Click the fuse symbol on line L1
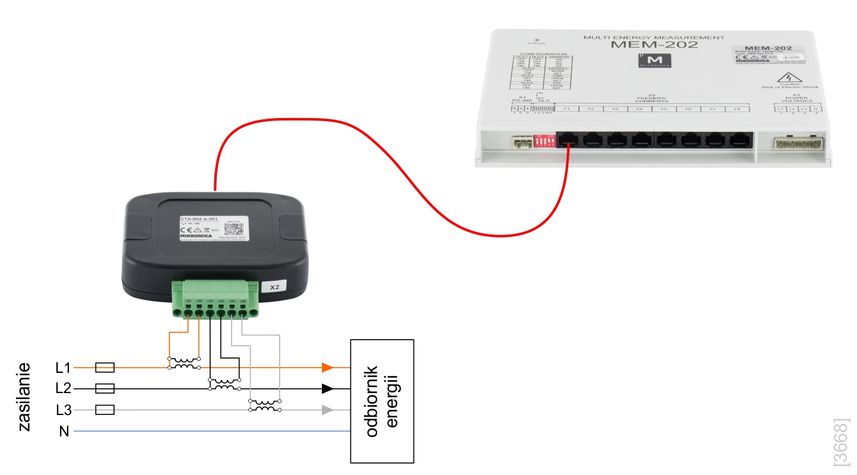tap(105, 368)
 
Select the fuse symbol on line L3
tap(105, 410)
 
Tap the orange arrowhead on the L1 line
tap(327, 368)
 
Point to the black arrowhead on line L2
tap(327, 389)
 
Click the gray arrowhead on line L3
tap(327, 410)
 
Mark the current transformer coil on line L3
tap(264, 406)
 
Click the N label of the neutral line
tap(64, 432)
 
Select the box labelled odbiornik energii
tap(381, 401)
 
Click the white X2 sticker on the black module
tap(274, 287)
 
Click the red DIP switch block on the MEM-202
tap(545, 140)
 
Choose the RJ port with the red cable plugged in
tap(569, 140)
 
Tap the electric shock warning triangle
tap(790, 78)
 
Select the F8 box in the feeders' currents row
tap(737, 109)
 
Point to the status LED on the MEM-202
tap(536, 39)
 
